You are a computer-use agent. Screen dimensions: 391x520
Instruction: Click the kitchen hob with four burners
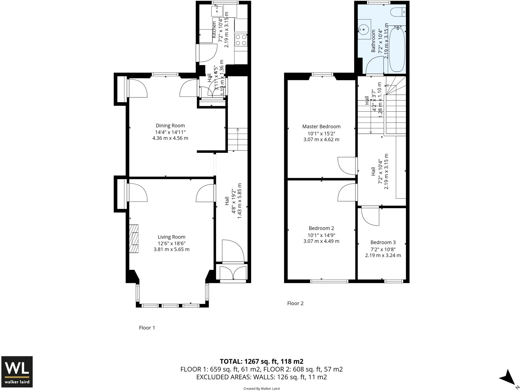click(x=241, y=40)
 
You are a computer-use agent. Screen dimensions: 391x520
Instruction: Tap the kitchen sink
click(x=217, y=11)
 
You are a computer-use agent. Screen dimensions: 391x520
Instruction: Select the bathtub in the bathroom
click(x=397, y=49)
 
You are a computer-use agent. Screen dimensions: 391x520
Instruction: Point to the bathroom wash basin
click(x=364, y=29)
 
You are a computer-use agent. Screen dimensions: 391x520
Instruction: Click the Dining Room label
click(x=170, y=126)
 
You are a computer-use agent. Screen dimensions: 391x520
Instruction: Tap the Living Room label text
click(x=171, y=237)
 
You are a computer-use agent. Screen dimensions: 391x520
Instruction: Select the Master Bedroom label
click(x=321, y=127)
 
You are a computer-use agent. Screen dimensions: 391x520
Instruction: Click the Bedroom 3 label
click(x=383, y=242)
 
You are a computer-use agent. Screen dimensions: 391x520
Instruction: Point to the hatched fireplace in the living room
click(x=134, y=239)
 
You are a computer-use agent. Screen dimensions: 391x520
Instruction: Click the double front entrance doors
click(x=233, y=273)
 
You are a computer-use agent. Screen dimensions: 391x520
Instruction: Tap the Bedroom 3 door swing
click(x=370, y=216)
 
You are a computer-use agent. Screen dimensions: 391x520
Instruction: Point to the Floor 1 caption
click(x=147, y=328)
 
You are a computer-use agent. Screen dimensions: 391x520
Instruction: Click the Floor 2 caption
click(x=295, y=303)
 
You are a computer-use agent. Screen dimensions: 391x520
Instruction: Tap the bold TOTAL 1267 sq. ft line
click(x=261, y=361)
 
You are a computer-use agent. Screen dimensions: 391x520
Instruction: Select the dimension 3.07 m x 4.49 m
click(x=321, y=241)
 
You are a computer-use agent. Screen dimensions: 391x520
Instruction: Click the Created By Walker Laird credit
click(x=261, y=388)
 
